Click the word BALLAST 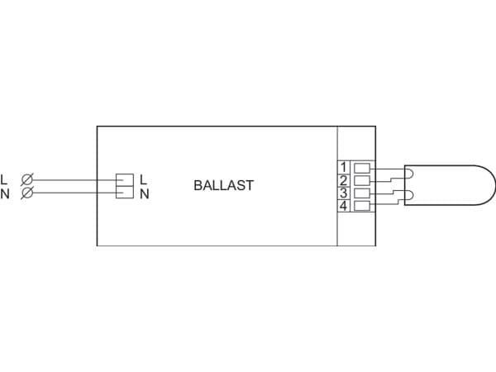tap(224, 185)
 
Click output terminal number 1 tap(344, 167)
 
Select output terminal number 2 tap(344, 180)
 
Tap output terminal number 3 tap(344, 193)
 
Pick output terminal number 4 tap(344, 206)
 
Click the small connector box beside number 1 tap(362, 168)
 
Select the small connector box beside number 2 tap(362, 180)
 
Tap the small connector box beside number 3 tap(362, 193)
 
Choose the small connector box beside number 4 tap(362, 206)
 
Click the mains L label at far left tap(4, 179)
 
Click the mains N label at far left tap(5, 193)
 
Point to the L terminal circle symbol tap(27, 179)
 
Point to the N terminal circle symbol tap(27, 193)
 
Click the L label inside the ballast tap(144, 179)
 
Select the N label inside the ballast tap(144, 193)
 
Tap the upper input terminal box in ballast tap(125, 179)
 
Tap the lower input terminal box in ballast tap(125, 192)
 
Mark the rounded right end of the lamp tap(495, 185)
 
